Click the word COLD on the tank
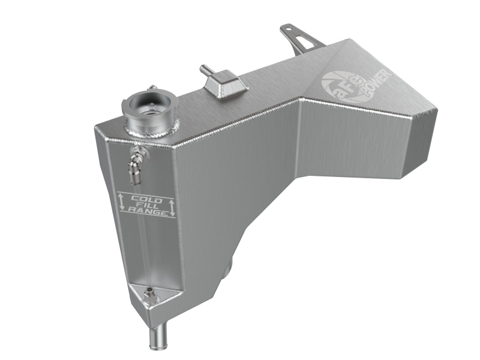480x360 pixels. pyautogui.click(x=146, y=199)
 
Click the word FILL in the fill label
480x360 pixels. pyautogui.click(x=146, y=206)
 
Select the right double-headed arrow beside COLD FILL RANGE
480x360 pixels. pyautogui.click(x=172, y=207)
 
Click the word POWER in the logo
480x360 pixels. pyautogui.click(x=374, y=82)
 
